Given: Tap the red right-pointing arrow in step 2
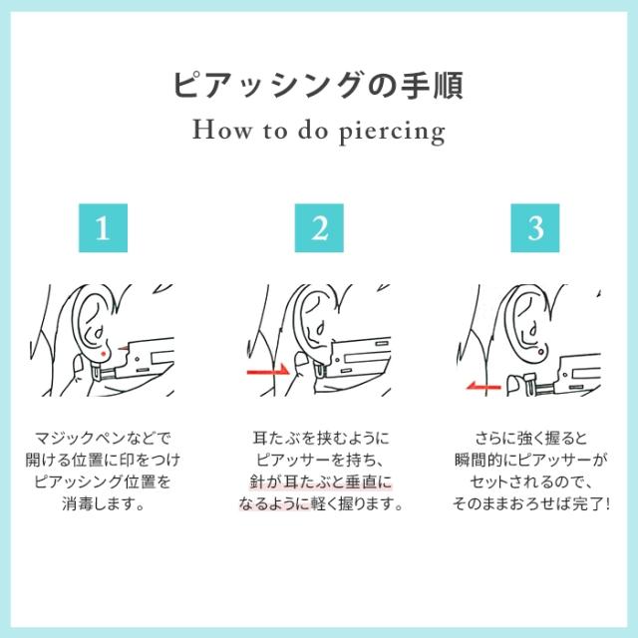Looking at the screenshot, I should click(x=266, y=370).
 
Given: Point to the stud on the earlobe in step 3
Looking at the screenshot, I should click(x=538, y=352).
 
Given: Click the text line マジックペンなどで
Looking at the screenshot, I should click(x=102, y=437).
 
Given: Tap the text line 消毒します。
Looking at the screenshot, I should click(x=102, y=503).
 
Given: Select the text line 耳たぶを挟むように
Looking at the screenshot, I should click(x=319, y=437).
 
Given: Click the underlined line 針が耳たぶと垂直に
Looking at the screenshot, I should click(x=319, y=481).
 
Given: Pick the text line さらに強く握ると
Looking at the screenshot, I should click(x=536, y=437).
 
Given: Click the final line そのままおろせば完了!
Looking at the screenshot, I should click(x=536, y=503).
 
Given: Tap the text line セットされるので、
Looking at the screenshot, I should click(x=536, y=481).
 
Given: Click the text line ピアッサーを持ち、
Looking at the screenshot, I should click(x=319, y=460).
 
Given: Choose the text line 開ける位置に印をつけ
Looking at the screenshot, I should click(x=102, y=460).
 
